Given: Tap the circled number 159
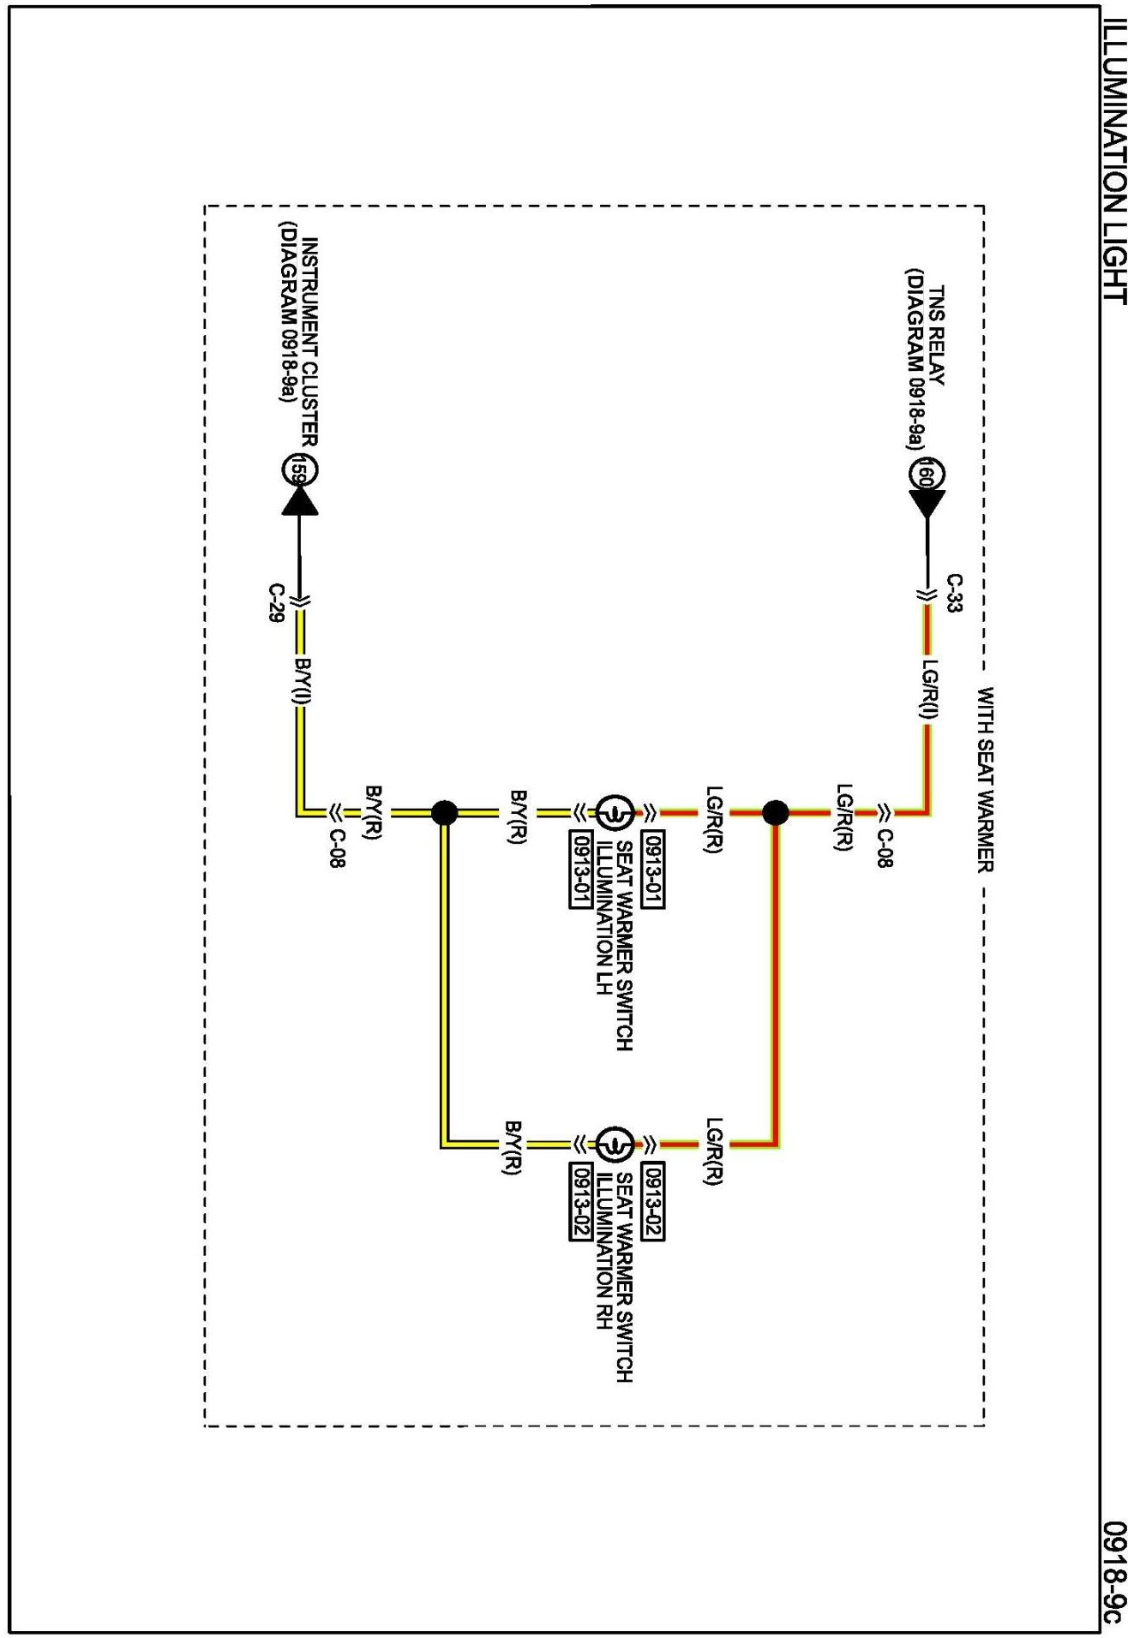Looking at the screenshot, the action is [300, 469].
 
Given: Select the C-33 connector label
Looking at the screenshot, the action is [954, 593].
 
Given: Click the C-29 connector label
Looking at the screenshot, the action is [276, 603].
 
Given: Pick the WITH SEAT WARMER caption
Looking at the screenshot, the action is [986, 779].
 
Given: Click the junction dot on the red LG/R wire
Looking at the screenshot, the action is [775, 812].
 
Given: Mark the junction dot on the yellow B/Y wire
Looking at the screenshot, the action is [444, 812].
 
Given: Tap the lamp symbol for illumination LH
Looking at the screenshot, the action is [615, 812].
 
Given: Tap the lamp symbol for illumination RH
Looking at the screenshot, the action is [615, 1144].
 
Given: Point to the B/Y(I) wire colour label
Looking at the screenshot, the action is [303, 681].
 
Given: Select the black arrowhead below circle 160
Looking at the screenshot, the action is [927, 503].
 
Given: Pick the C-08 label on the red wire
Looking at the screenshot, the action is [885, 849].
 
